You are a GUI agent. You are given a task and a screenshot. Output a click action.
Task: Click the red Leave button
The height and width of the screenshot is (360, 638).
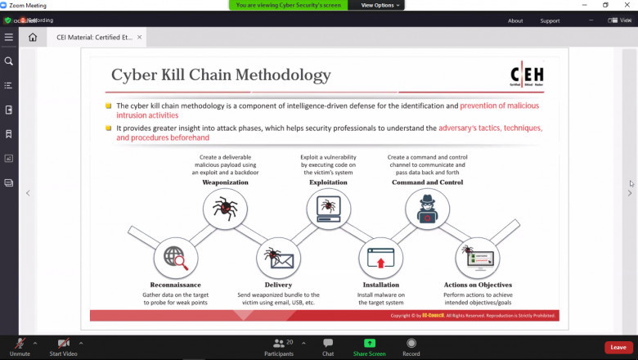[x=618, y=347]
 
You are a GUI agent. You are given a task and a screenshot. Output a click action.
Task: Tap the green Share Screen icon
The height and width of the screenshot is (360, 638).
[x=370, y=343]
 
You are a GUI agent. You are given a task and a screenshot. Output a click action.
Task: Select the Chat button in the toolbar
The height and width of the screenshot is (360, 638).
[x=328, y=343]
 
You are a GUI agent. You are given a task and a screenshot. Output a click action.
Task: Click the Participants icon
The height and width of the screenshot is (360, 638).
[x=279, y=343]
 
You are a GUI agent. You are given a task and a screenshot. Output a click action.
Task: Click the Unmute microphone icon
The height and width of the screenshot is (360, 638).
[x=19, y=343]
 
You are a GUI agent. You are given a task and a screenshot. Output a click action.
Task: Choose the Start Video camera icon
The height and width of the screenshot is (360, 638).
[x=63, y=343]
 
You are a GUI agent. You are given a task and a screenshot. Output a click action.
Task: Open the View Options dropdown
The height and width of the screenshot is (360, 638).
[x=381, y=5]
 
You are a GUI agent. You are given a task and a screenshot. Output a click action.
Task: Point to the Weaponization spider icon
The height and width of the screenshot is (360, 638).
[x=225, y=209]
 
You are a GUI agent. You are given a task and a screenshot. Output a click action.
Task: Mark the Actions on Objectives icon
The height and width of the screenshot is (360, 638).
[x=477, y=257]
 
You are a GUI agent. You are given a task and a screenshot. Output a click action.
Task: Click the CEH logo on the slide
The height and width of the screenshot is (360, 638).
[x=526, y=75]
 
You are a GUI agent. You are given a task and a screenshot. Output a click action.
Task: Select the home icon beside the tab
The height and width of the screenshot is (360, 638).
[x=33, y=37]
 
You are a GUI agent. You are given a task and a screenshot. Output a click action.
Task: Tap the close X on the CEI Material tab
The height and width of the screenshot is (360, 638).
[x=139, y=37]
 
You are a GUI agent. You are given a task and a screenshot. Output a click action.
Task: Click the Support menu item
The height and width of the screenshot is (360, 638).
[x=550, y=20]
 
